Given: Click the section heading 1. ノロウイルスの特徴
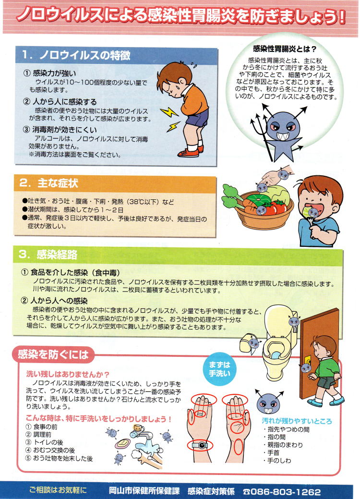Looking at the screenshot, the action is coord(76,55).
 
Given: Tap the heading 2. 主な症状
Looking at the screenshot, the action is coord(48,183).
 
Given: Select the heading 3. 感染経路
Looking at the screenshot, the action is coord(48,254).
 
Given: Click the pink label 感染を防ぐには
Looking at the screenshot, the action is coord(53,354).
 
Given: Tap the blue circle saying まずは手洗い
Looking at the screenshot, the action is coord(219,369).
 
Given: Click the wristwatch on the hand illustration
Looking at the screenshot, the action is coord(200,445).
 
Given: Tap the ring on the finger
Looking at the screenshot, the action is coord(200,414).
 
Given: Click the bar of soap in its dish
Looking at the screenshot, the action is coord(123,443).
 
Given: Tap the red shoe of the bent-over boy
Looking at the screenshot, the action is coord(188,153).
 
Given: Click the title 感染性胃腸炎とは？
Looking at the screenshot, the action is coord(285,49).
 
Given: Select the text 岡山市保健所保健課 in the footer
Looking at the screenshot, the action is coord(144,491).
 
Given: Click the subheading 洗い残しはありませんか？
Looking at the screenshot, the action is coord(68,374).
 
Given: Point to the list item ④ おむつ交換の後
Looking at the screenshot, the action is coord(50,450).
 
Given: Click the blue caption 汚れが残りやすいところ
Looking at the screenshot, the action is coord(297,421).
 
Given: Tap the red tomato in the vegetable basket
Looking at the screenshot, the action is coord(280,207).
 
